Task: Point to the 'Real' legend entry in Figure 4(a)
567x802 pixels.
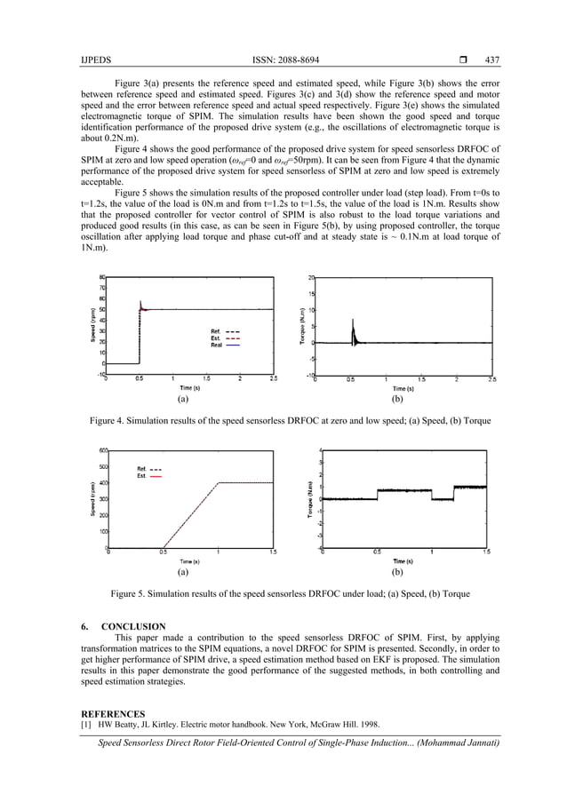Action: pos(217,345)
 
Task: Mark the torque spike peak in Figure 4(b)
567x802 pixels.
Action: pos(354,320)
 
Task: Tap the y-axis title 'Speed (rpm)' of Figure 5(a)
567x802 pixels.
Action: pos(92,499)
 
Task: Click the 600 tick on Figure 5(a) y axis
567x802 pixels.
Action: pos(102,450)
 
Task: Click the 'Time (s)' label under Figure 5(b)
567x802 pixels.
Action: pos(403,561)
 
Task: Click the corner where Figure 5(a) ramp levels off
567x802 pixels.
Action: pos(220,482)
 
